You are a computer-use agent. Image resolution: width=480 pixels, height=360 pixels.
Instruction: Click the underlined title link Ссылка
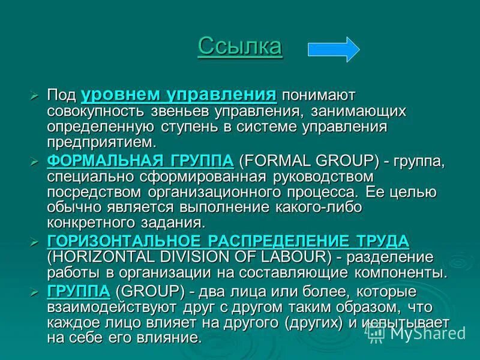coord(239,46)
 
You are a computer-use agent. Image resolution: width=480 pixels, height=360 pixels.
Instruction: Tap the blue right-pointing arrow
coord(334,48)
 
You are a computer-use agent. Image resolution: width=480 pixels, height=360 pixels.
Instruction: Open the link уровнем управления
coord(178,95)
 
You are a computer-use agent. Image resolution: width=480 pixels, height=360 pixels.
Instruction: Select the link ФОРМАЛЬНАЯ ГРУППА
coord(140,161)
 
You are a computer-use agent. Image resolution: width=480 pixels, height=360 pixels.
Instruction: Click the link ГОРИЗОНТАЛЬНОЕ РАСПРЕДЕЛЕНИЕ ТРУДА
coord(227,241)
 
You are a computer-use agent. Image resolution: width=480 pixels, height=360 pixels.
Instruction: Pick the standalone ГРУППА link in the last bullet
coord(78,291)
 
